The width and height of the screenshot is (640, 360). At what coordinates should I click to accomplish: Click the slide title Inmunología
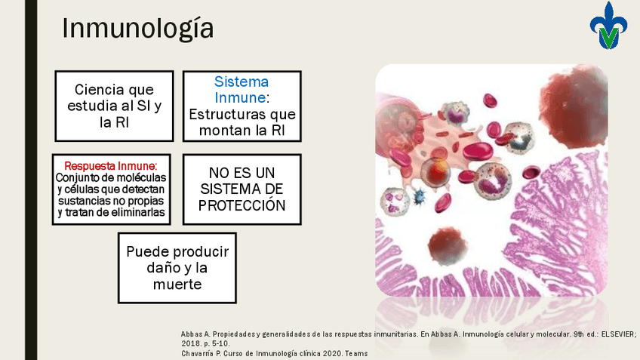(x=137, y=29)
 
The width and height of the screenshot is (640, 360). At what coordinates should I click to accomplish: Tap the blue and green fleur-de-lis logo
(x=608, y=26)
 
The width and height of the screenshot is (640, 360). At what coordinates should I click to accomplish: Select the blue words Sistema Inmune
(x=242, y=90)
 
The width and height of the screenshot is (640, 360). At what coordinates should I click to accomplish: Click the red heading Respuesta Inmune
(x=111, y=166)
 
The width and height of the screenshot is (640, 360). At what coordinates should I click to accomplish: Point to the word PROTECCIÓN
(x=242, y=205)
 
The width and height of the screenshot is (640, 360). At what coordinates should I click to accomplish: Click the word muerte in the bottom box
(x=177, y=284)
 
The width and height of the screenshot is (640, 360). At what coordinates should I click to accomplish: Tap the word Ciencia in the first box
(x=100, y=89)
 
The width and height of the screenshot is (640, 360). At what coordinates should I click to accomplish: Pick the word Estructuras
(x=224, y=114)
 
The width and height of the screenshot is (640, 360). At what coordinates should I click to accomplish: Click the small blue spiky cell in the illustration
(x=419, y=196)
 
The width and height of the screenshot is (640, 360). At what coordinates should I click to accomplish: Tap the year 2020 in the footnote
(x=332, y=353)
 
